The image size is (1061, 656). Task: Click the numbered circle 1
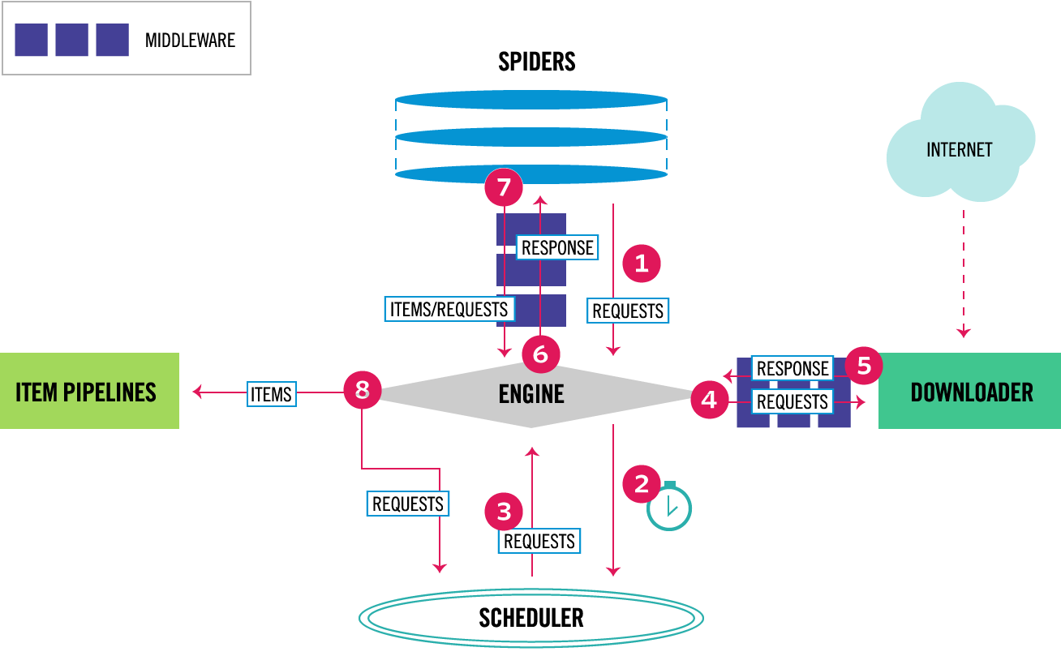[642, 264]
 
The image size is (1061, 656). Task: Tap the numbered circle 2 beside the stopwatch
[642, 484]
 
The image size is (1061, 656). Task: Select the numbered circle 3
[504, 512]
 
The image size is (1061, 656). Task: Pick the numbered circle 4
[709, 400]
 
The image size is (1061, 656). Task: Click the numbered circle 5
[864, 366]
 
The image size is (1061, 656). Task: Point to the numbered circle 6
[540, 354]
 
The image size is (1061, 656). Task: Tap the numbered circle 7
[504, 187]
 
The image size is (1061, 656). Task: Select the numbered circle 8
[363, 390]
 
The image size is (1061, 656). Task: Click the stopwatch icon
[669, 506]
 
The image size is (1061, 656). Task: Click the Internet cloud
[960, 143]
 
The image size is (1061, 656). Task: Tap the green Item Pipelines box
[89, 391]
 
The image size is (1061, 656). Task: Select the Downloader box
[969, 391]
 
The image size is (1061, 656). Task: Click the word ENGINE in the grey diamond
[531, 394]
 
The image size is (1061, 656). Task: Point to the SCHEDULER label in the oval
[531, 618]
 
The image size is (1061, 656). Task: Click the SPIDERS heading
[537, 62]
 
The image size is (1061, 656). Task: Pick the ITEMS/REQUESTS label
[449, 309]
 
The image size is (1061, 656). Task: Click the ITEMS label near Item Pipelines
[272, 394]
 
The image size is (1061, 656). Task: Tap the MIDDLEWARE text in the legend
[190, 41]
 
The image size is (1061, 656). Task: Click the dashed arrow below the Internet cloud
[964, 274]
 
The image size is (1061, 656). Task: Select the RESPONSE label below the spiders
[557, 247]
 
